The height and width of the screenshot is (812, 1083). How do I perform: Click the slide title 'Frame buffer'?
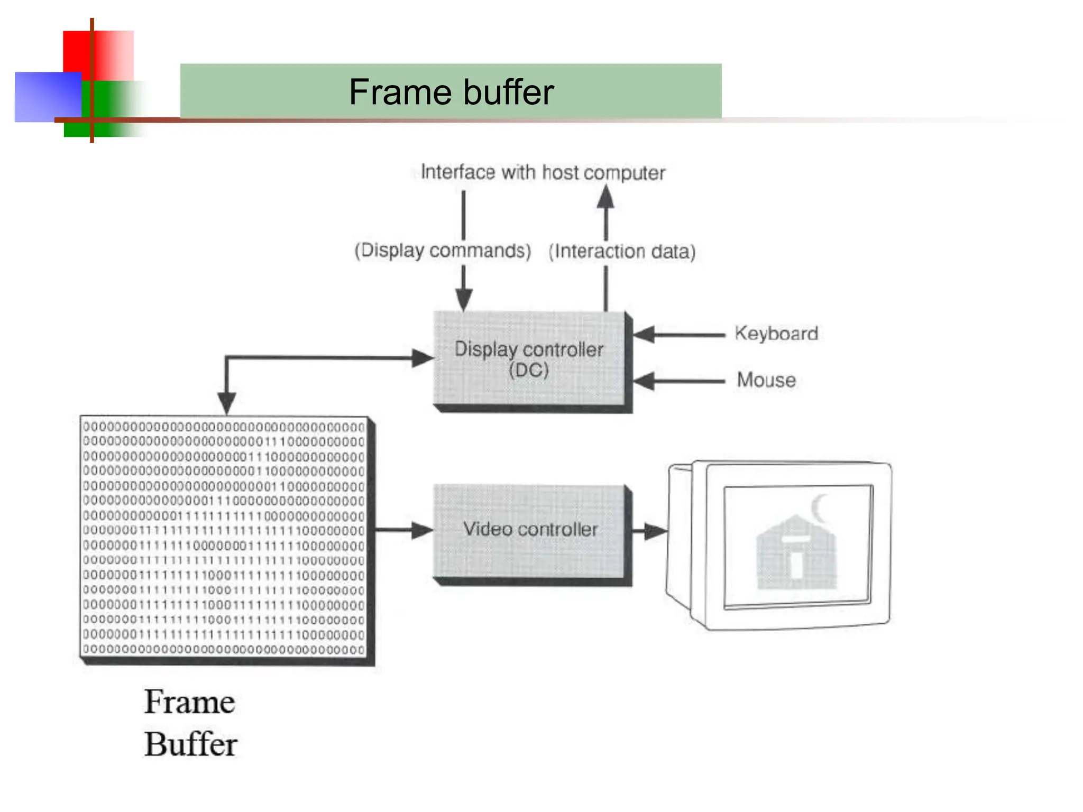(x=451, y=92)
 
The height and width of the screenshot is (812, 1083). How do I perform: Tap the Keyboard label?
(x=776, y=334)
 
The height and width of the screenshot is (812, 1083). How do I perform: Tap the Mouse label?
(x=766, y=380)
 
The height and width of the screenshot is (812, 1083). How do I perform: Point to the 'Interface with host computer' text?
(x=543, y=172)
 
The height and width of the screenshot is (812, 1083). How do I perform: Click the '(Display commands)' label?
(x=443, y=251)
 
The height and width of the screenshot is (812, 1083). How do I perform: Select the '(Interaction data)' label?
(x=622, y=252)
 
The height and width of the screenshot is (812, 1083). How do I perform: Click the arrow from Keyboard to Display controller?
(x=680, y=335)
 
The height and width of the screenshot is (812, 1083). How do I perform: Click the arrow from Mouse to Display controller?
(x=680, y=381)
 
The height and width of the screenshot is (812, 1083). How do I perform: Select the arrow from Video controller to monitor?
(x=650, y=531)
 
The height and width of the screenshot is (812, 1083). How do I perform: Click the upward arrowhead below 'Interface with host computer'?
(x=606, y=198)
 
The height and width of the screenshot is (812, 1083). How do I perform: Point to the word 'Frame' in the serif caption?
(x=189, y=702)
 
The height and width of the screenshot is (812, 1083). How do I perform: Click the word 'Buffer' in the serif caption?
(x=190, y=744)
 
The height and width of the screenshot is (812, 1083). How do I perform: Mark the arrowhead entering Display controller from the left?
(x=423, y=358)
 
